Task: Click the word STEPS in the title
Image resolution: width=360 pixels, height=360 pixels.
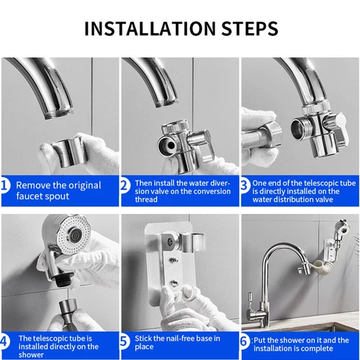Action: (250, 29)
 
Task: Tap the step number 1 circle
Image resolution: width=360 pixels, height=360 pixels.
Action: (5, 186)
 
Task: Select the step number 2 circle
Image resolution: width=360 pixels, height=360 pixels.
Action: (125, 186)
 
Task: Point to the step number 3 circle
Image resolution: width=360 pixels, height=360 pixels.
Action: (245, 186)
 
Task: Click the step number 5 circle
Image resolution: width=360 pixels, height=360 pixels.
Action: (125, 341)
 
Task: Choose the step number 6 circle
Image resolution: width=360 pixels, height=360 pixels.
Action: (245, 341)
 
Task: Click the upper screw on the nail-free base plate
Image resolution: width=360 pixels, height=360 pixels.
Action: (174, 260)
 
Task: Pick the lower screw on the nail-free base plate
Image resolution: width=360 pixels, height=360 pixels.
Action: (174, 284)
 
